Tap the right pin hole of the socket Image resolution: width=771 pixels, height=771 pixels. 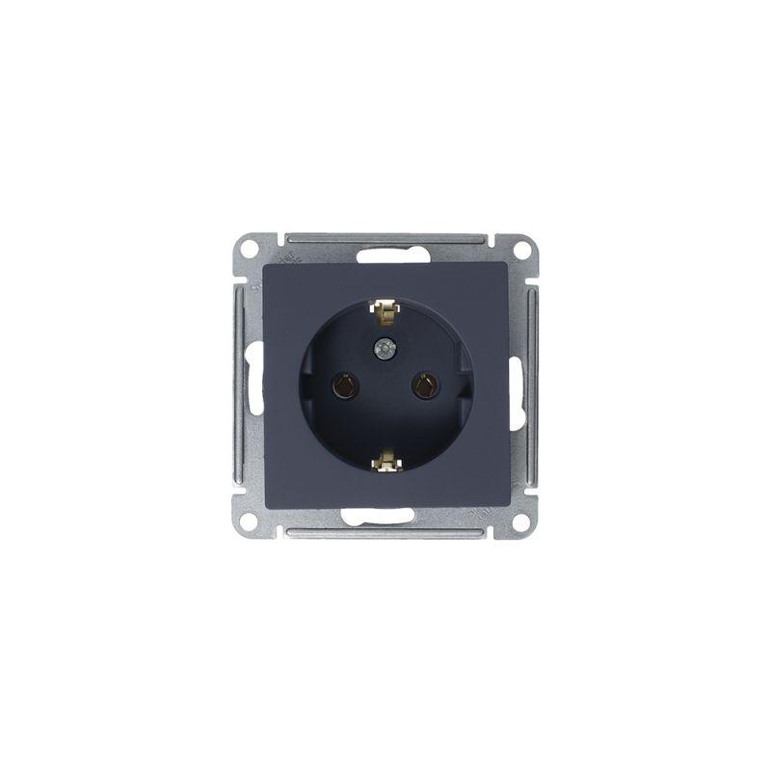421,386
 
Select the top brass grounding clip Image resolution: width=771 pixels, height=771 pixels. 385,312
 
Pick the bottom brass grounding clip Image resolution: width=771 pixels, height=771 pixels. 385,462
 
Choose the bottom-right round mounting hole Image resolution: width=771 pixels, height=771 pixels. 521,522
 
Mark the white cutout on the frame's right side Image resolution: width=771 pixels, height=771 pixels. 517,385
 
